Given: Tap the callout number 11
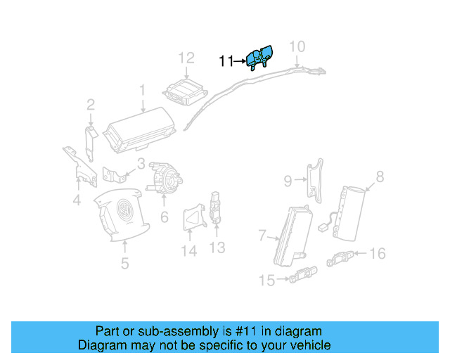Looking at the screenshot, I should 226,62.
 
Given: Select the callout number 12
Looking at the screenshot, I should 186,58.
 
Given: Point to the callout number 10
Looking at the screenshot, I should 297,46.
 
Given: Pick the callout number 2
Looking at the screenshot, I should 91,105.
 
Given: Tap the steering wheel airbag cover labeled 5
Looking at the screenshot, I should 124,214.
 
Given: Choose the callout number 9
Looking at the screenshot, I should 288,181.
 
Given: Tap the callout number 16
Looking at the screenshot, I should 378,253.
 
